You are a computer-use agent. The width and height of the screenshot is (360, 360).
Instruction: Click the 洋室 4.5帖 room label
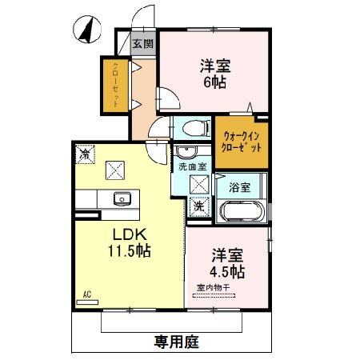(x=228, y=263)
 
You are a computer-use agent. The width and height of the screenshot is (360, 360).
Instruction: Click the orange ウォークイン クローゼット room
(x=240, y=142)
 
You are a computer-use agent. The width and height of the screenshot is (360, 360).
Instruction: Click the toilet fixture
(x=190, y=126)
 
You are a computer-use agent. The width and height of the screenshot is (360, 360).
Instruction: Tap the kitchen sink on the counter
(x=122, y=199)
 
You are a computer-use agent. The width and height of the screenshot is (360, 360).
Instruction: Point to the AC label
(x=86, y=295)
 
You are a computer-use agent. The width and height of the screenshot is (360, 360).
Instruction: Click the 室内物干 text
(x=211, y=289)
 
